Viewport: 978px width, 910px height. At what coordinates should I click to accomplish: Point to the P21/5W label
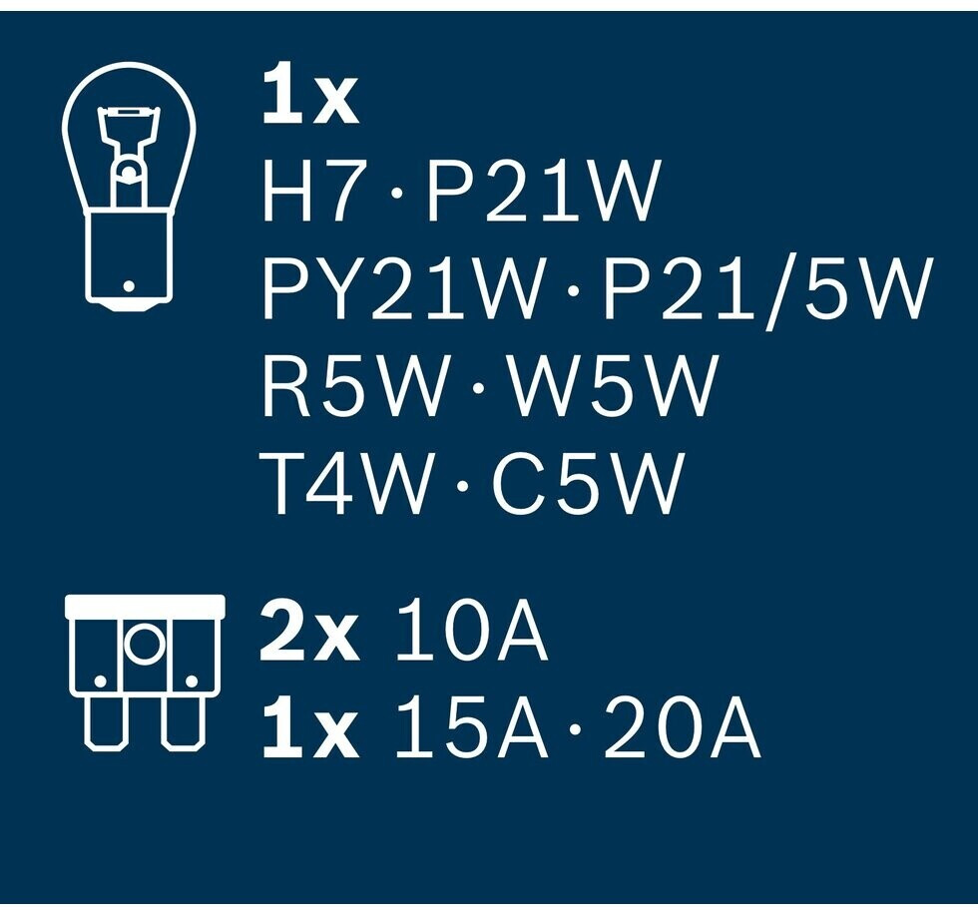pyautogui.click(x=764, y=288)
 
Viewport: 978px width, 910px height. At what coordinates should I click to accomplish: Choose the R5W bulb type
pyautogui.click(x=354, y=386)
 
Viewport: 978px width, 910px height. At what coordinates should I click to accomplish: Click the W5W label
pyautogui.click(x=612, y=386)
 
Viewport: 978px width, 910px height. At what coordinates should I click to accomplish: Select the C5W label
pyautogui.click(x=588, y=483)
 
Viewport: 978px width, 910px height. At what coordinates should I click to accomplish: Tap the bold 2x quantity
pyautogui.click(x=309, y=635)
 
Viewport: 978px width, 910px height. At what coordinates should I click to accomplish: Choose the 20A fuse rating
pyautogui.click(x=682, y=731)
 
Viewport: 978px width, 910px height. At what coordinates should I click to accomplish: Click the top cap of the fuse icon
pyautogui.click(x=144, y=605)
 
